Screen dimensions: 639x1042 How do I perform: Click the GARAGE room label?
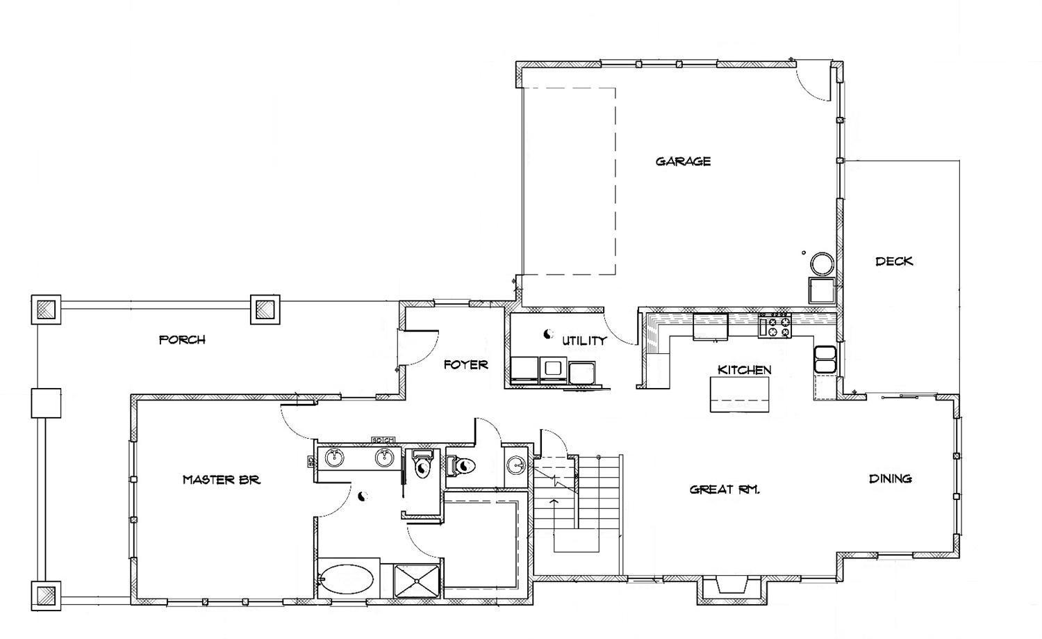pos(683,161)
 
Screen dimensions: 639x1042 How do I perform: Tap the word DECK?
pos(893,261)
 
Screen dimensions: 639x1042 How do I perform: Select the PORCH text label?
pos(182,340)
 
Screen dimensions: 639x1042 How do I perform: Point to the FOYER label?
pos(465,364)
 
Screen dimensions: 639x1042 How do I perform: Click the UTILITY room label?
pos(584,341)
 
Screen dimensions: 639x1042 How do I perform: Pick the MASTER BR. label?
pos(221,480)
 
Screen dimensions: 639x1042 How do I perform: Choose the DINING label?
pos(891,478)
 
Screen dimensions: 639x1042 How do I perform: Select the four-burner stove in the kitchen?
pos(775,325)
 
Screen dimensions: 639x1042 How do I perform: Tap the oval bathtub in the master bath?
pos(347,579)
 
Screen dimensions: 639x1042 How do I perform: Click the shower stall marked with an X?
pos(416,580)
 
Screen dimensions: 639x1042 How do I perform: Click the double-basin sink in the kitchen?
pos(825,359)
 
